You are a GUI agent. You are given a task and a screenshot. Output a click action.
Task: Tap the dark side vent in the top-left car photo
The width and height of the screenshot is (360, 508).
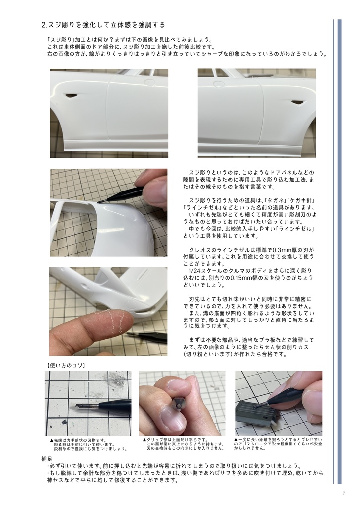(72, 95)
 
